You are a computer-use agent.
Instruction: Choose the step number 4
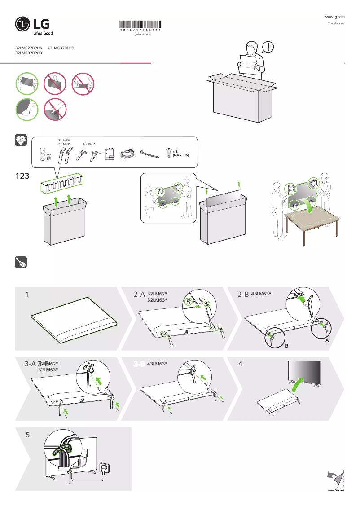(x=241, y=364)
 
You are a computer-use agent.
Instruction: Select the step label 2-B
(x=243, y=294)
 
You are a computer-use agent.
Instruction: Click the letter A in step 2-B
(x=327, y=340)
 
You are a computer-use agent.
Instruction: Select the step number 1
(x=28, y=295)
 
